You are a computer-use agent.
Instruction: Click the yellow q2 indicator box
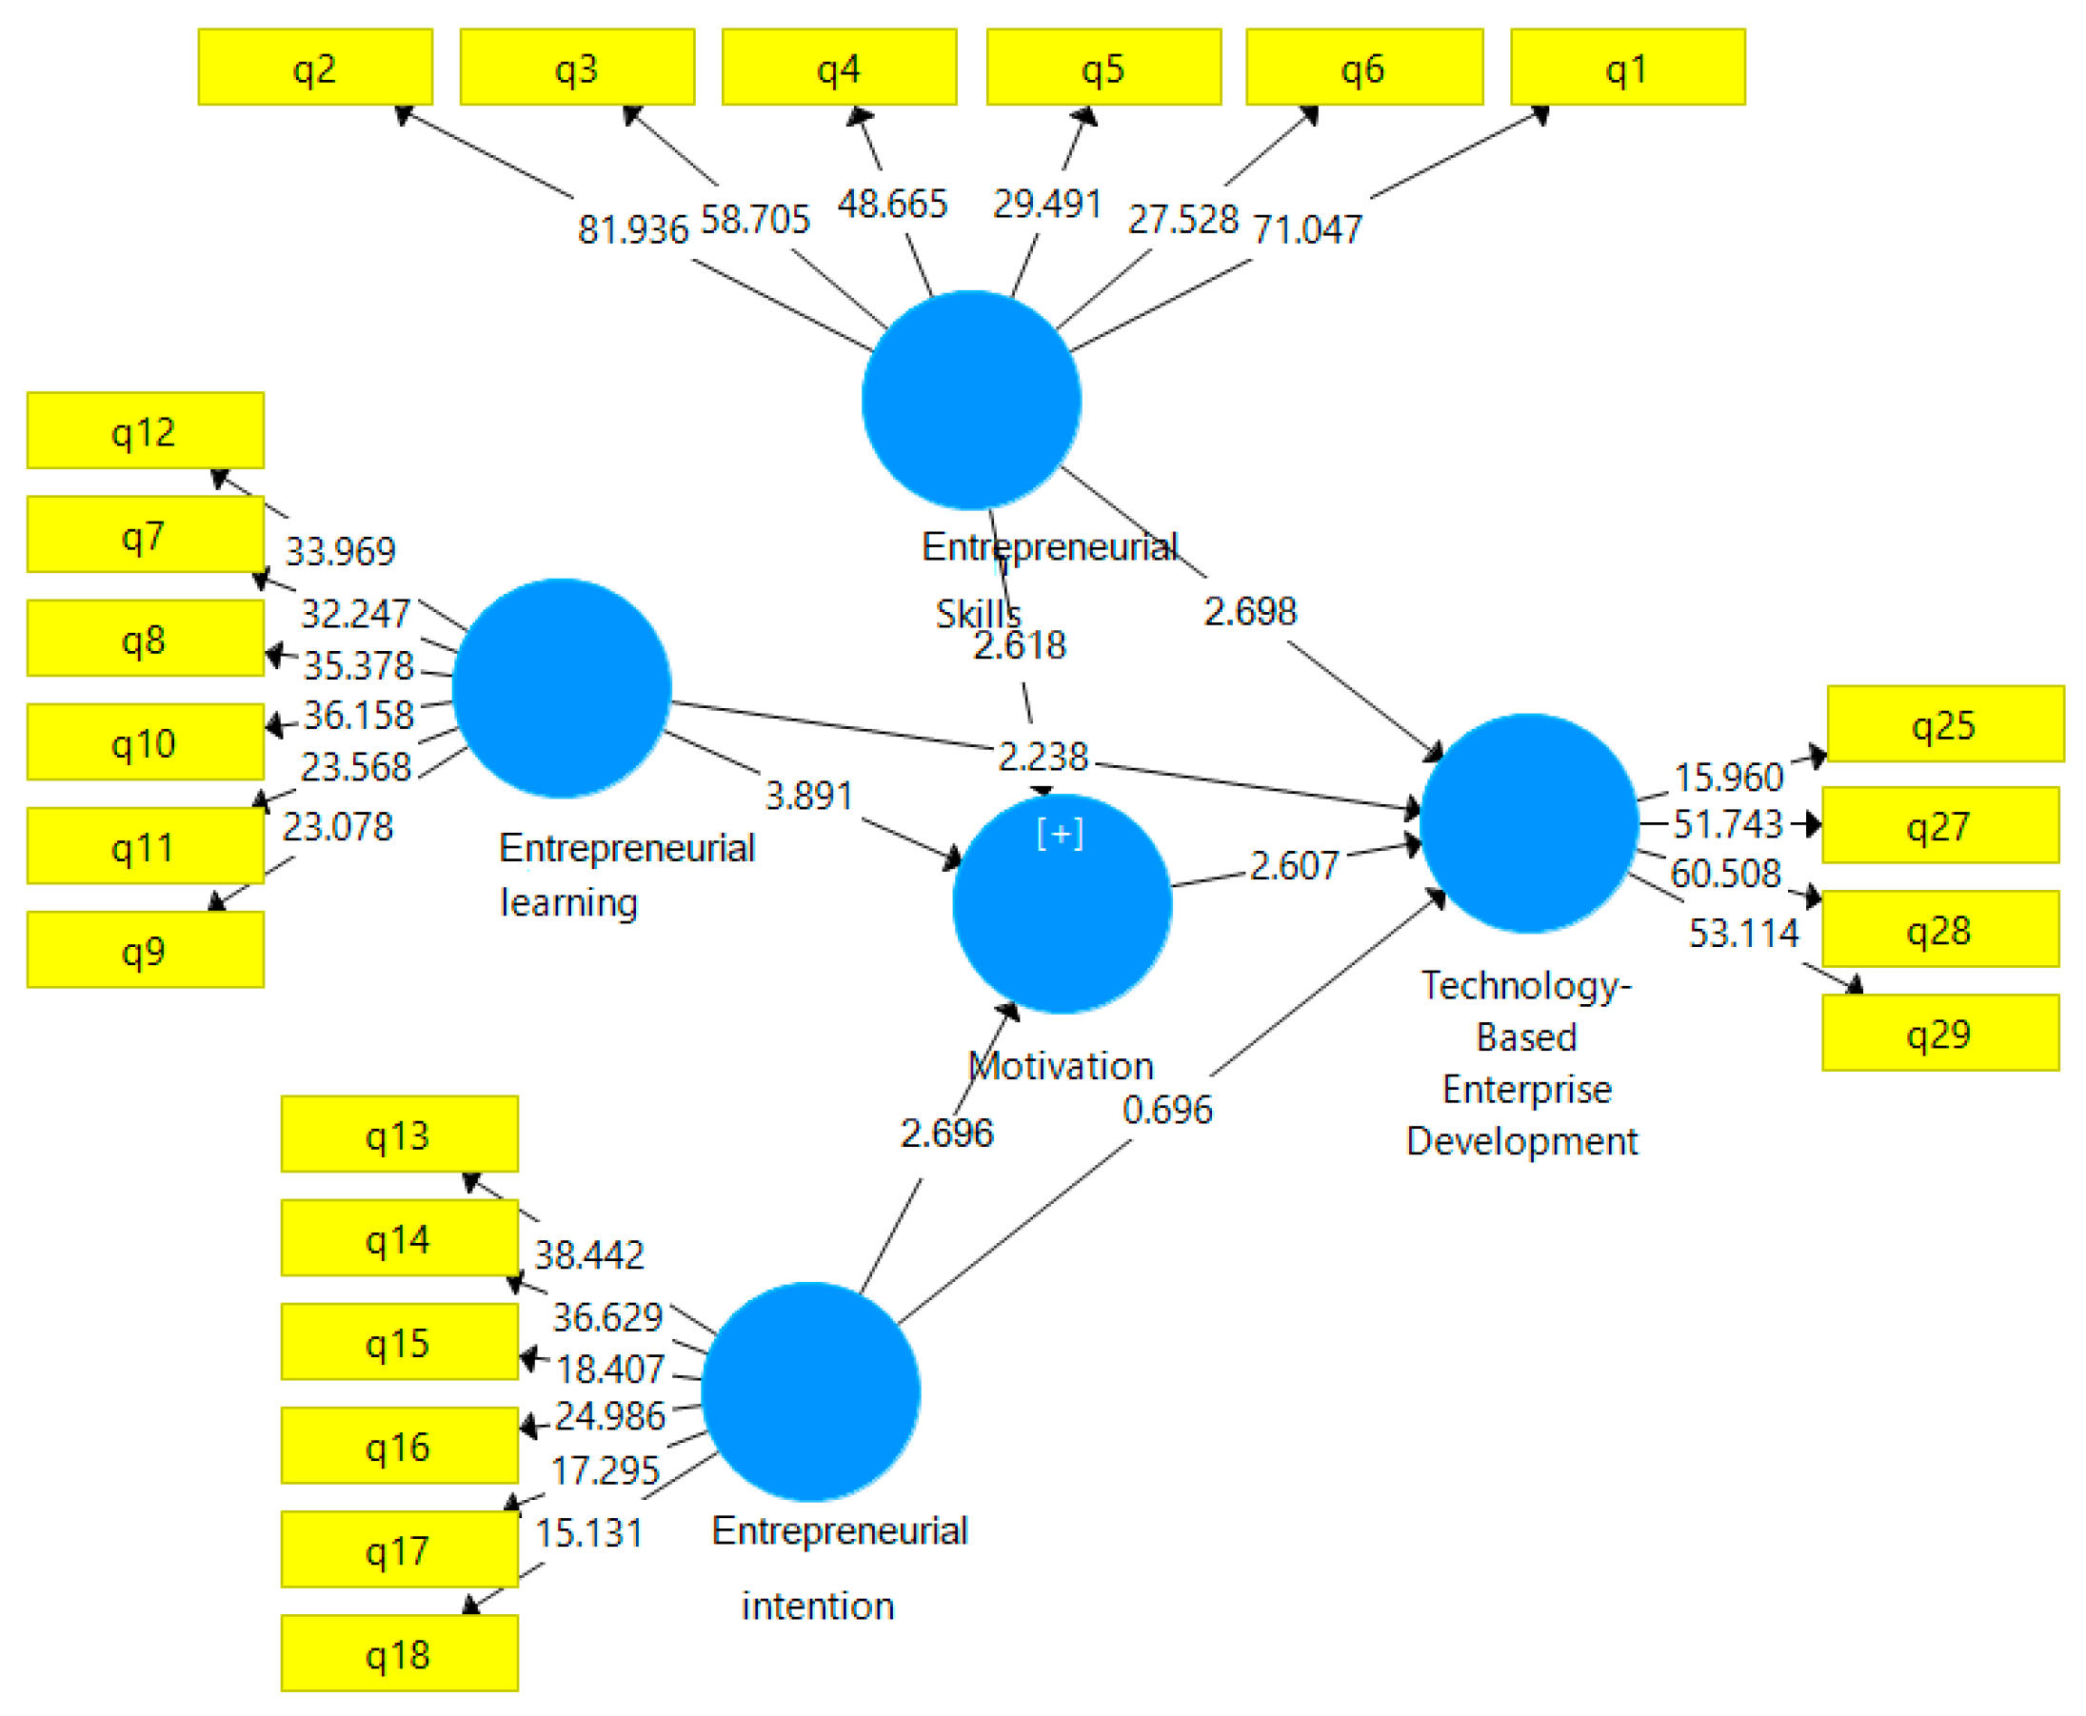314,68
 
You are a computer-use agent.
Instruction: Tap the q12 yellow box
145,431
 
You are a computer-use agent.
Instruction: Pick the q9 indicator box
145,950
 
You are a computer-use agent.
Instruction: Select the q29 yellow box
1938,1033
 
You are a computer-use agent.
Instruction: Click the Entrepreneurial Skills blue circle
971,400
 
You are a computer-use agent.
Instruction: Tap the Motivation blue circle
1061,904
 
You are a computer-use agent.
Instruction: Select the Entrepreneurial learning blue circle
562,688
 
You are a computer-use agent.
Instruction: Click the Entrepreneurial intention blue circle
810,1391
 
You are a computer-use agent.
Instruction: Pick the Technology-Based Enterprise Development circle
1528,822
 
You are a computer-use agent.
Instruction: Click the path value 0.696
1166,1110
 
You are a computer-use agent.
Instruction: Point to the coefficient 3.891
808,796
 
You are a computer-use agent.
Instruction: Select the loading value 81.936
633,229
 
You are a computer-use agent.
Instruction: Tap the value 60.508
1725,873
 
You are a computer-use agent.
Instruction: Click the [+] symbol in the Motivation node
1060,834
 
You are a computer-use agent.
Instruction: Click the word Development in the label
1521,1142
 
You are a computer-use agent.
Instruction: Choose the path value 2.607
1293,866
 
